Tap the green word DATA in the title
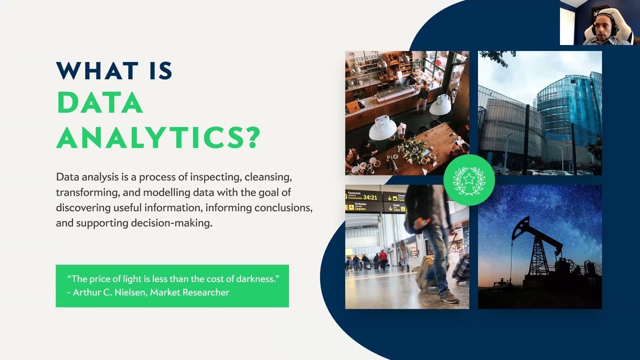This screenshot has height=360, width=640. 100,103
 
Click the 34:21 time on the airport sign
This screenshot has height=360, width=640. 370,197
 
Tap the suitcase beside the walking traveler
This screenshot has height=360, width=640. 426,272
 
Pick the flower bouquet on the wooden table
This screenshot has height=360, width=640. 413,148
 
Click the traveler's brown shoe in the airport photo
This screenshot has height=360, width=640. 449,297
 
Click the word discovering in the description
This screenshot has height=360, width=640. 82,207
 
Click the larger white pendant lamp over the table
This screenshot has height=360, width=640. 382,129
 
